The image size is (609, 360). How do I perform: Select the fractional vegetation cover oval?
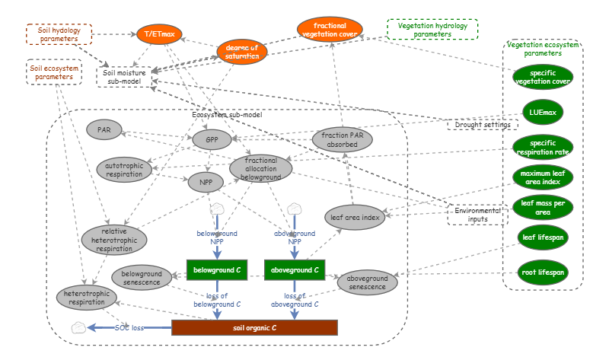[330, 30]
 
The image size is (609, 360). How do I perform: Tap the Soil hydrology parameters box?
[59, 35]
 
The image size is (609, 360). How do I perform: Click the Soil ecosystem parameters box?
[53, 72]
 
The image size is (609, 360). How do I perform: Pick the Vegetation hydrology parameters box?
[432, 29]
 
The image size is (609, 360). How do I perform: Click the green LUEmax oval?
[543, 113]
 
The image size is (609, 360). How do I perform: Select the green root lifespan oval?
[543, 272]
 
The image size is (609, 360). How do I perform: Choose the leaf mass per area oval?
[543, 209]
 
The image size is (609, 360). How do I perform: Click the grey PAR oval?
[104, 129]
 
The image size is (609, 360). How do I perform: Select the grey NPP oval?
[206, 183]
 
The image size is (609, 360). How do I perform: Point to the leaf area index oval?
[355, 218]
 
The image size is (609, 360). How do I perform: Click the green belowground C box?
[218, 269]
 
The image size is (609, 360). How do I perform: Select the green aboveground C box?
[295, 269]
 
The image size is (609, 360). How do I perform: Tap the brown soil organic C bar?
[254, 328]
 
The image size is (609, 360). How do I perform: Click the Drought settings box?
[477, 124]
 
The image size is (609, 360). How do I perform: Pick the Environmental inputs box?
[477, 215]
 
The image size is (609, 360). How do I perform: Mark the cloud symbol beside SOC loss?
[77, 327]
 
